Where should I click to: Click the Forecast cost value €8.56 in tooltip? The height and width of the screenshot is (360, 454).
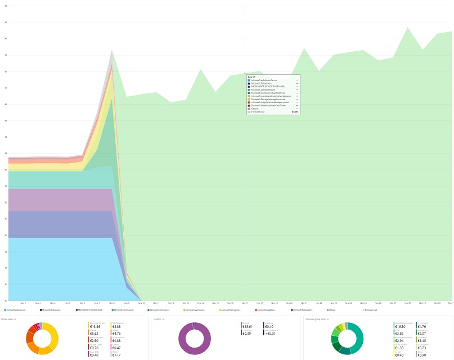pyautogui.click(x=295, y=112)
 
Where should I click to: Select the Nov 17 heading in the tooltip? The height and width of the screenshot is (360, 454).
pyautogui.click(x=251, y=76)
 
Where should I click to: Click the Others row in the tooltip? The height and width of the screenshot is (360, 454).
pyautogui.click(x=255, y=109)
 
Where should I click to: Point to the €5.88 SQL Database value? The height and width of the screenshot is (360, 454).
pyautogui.click(x=116, y=326)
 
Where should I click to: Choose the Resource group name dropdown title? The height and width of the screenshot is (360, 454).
pyautogui.click(x=317, y=319)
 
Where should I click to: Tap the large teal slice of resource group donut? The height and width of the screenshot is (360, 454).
pyautogui.click(x=359, y=338)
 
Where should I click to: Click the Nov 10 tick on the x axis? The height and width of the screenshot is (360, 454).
pyautogui.click(x=141, y=303)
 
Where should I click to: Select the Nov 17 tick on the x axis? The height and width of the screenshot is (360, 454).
pyautogui.click(x=245, y=303)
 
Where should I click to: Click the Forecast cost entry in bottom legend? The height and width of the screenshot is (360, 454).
pyautogui.click(x=370, y=310)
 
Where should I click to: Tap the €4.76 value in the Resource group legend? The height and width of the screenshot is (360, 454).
pyautogui.click(x=422, y=326)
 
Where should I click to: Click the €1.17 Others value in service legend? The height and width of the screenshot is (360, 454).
pyautogui.click(x=116, y=355)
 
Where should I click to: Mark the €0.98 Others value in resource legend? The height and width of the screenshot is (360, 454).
pyautogui.click(x=422, y=355)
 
